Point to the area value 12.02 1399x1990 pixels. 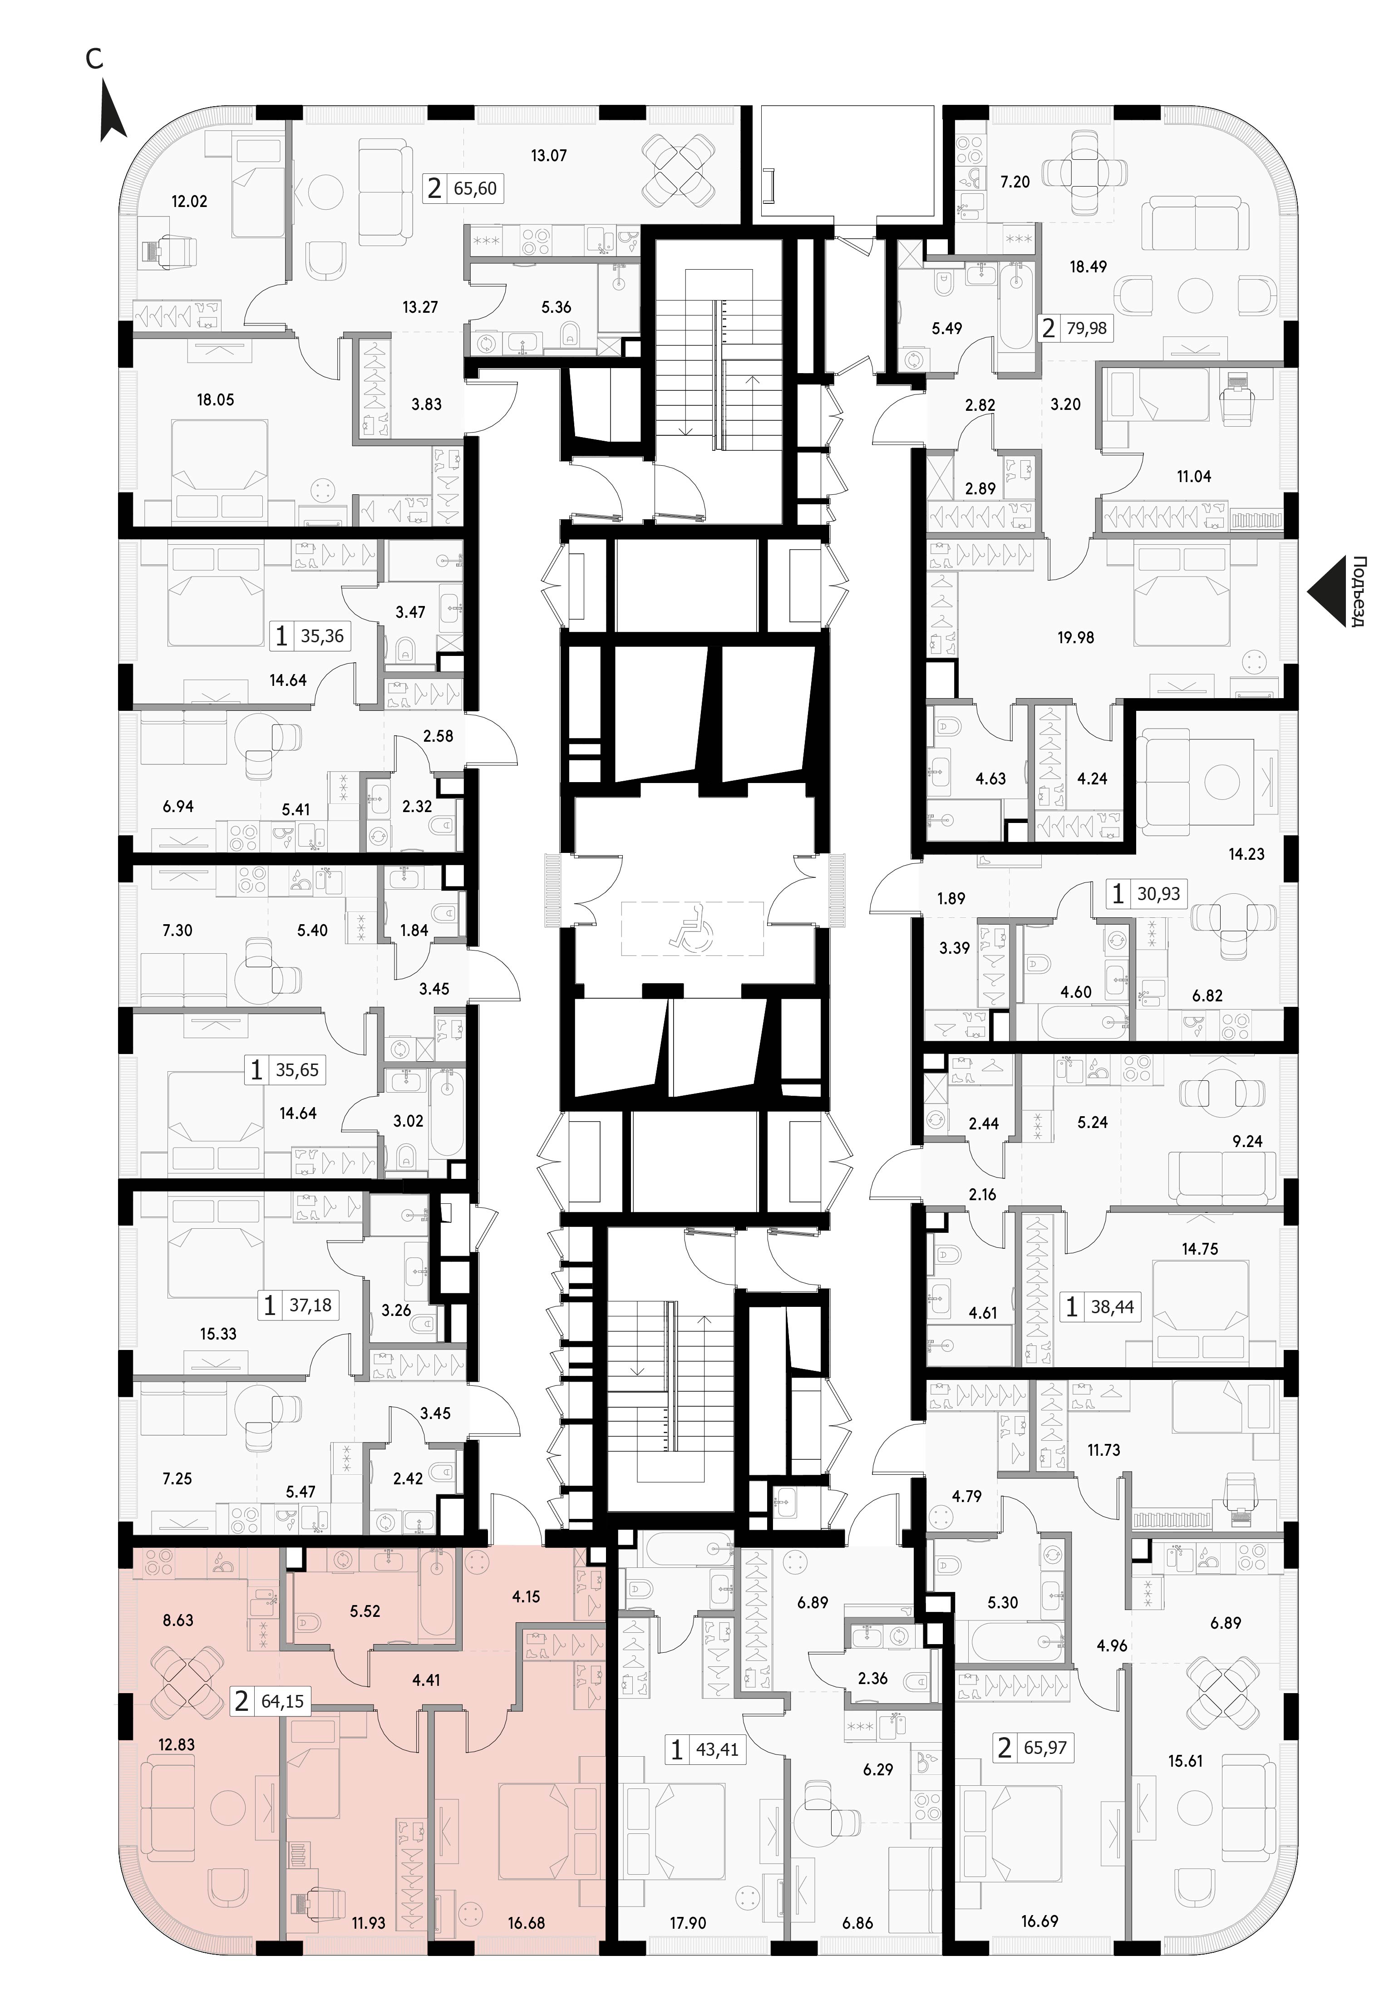point(189,201)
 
